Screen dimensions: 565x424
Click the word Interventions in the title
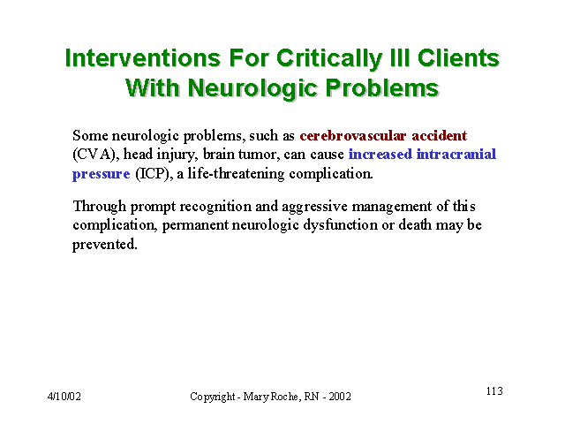143,58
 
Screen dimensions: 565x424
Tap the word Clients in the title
458,58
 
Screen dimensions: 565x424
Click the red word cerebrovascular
353,136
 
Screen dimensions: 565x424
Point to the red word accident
440,136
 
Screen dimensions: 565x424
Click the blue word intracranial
456,155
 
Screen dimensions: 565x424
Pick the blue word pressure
102,175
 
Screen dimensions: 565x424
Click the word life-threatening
237,174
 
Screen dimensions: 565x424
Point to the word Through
100,207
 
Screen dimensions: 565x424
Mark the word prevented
105,245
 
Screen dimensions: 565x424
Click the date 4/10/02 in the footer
64,397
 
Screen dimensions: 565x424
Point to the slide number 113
494,391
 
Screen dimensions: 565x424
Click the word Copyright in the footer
213,397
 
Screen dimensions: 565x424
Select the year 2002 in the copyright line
340,397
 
